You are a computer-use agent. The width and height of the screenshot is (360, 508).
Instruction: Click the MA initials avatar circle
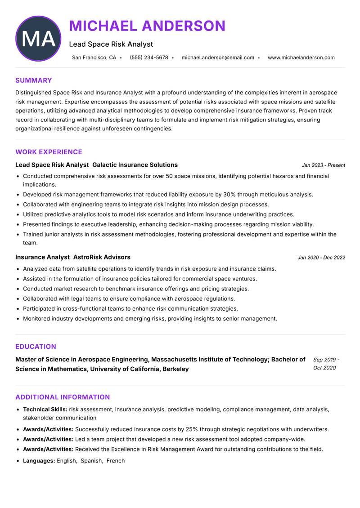pyautogui.click(x=38, y=39)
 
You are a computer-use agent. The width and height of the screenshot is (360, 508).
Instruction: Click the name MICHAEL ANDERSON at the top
pyautogui.click(x=147, y=26)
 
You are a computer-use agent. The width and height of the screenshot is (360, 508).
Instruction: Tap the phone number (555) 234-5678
pyautogui.click(x=148, y=58)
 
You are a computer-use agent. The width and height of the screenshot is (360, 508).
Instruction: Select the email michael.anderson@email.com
pyautogui.click(x=218, y=58)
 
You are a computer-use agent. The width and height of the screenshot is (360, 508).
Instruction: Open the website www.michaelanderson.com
pyautogui.click(x=301, y=58)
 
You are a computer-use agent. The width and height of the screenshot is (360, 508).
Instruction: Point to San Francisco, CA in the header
pyautogui.click(x=94, y=58)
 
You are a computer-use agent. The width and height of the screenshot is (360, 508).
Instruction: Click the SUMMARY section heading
pyautogui.click(x=34, y=80)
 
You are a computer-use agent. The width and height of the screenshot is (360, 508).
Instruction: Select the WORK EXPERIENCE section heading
pyautogui.click(x=49, y=152)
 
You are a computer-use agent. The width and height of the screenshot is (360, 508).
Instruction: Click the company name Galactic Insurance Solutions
pyautogui.click(x=135, y=165)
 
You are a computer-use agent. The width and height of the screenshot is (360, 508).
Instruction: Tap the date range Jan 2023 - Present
pyautogui.click(x=323, y=165)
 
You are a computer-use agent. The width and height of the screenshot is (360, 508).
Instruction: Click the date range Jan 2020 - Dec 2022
pyautogui.click(x=321, y=258)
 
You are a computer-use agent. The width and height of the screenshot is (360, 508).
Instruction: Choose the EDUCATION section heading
pyautogui.click(x=36, y=347)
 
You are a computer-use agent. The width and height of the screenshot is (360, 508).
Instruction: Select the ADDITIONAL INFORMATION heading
pyautogui.click(x=63, y=397)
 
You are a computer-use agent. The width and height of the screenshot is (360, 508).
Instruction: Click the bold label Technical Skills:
pyautogui.click(x=45, y=410)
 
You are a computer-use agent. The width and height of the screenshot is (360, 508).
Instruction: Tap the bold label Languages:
pyautogui.click(x=39, y=461)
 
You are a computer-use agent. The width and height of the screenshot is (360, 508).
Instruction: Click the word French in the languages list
pyautogui.click(x=116, y=461)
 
